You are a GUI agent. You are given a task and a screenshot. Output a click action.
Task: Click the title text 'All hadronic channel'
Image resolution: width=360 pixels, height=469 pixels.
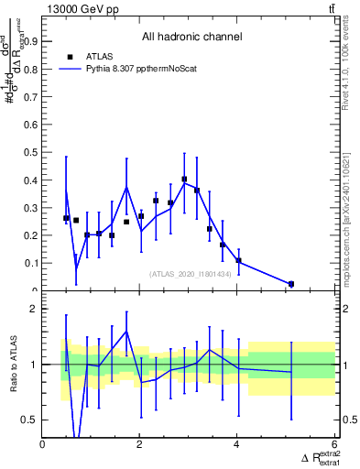191,38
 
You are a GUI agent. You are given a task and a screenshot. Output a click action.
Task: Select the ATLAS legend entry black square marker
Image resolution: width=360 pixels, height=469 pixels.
70,57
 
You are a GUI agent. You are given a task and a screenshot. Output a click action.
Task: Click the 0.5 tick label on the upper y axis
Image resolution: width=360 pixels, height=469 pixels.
32,151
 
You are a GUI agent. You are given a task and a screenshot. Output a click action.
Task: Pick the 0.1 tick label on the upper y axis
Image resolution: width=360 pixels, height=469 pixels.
32,263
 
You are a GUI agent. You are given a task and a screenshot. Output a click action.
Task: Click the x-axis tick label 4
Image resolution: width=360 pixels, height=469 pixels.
236,444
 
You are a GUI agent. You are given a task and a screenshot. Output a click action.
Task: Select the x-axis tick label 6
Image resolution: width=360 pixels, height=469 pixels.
333,444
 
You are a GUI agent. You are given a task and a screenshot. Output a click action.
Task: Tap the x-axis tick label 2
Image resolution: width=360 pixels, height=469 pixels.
139,444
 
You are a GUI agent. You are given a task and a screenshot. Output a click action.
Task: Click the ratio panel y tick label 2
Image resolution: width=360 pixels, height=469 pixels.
34,309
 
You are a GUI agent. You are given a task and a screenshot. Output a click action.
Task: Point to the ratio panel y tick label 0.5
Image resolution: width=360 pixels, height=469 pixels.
30,420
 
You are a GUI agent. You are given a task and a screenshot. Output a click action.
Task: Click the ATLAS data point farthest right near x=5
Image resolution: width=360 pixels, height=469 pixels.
291,284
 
